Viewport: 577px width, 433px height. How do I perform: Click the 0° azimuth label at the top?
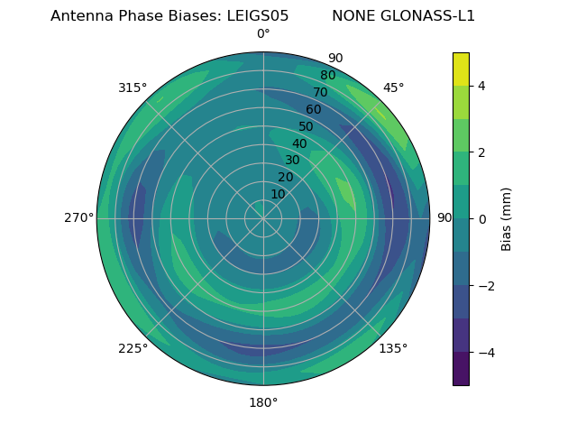[263, 34]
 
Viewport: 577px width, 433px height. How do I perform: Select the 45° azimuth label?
[393, 88]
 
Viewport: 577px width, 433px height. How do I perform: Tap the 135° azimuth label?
[393, 348]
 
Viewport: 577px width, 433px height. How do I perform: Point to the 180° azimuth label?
[263, 402]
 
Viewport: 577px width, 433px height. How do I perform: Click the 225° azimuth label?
[133, 348]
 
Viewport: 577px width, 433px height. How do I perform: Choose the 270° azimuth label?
[78, 218]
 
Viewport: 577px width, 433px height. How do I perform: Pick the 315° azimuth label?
[133, 88]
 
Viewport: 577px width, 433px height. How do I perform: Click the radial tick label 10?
[278, 194]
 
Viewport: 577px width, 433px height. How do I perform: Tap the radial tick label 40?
[299, 143]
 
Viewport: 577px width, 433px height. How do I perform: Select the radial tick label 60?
[314, 109]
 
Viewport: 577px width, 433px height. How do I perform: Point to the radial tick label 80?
[328, 75]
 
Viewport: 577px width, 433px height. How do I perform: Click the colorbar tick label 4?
[481, 86]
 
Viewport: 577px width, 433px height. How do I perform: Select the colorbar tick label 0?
[481, 218]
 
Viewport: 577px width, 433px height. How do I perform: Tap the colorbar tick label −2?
[482, 286]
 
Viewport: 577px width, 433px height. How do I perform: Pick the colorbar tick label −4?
[482, 353]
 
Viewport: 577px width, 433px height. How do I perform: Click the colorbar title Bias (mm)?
[507, 218]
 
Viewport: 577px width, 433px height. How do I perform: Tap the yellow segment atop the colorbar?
[461, 69]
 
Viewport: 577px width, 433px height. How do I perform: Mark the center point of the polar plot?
[263, 218]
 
